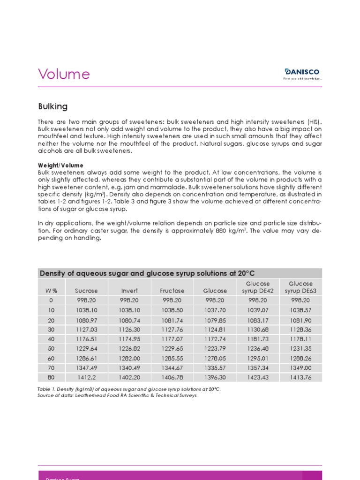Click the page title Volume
coord(63,74)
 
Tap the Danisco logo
coord(302,74)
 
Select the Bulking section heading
coord(52,106)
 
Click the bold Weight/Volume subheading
coord(60,165)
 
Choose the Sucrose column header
coord(86,291)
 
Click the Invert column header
coord(129,291)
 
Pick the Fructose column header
coord(172,291)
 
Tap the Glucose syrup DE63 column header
coord(300,287)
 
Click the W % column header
coord(52,291)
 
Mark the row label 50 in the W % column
coord(52,348)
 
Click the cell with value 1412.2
coord(86,377)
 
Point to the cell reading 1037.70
coord(215,310)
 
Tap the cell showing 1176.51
coord(86,339)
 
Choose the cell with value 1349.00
coord(300,368)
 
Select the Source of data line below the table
coord(118,395)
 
